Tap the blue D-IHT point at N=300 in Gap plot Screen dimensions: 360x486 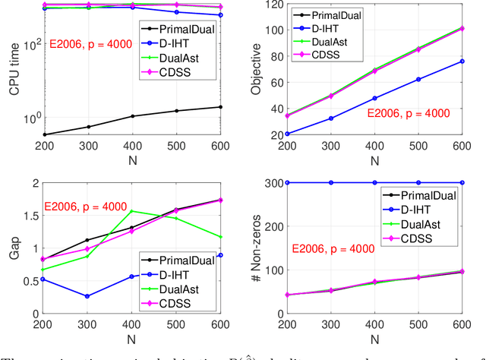pos(89,296)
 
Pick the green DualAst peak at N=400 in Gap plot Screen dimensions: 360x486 pos(133,211)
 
